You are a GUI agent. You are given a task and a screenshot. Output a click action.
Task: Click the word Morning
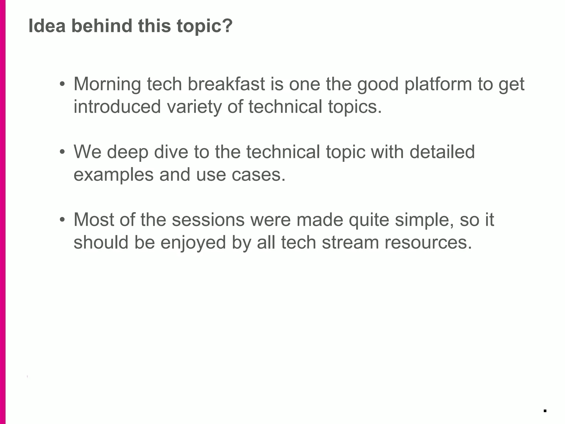click(107, 84)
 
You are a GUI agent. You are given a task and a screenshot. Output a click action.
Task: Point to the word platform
click(438, 84)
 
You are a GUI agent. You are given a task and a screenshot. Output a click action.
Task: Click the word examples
click(113, 175)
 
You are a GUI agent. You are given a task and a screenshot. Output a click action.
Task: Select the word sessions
click(208, 220)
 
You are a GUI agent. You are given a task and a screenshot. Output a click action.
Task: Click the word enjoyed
click(193, 243)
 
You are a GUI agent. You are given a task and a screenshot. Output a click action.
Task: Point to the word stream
click(350, 242)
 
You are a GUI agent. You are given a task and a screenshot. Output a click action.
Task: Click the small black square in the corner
click(545, 411)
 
